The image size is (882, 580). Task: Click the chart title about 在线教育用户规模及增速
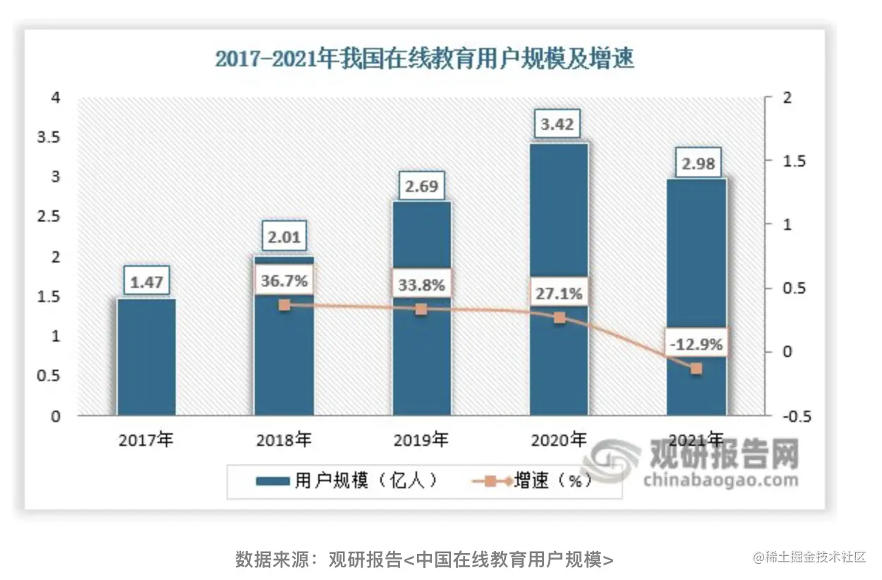click(424, 59)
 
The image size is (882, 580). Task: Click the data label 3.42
click(557, 126)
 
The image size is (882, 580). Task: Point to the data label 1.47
click(146, 282)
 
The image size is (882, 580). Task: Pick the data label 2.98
click(697, 164)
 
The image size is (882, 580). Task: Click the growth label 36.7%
click(284, 281)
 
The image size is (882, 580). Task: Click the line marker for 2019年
click(421, 309)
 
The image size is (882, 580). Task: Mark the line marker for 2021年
click(696, 368)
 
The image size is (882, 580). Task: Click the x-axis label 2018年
click(284, 441)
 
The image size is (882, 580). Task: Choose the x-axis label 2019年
click(421, 441)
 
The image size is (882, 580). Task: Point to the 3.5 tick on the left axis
click(49, 137)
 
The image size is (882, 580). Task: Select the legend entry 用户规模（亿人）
click(346, 482)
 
